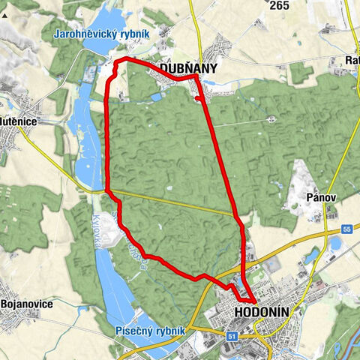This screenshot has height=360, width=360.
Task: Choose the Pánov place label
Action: pyautogui.click(x=320, y=197)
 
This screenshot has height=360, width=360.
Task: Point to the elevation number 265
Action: pyautogui.click(x=279, y=6)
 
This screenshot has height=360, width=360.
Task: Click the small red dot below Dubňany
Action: pyautogui.click(x=196, y=97)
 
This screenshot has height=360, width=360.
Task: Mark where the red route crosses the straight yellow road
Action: pyautogui.click(x=236, y=217)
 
